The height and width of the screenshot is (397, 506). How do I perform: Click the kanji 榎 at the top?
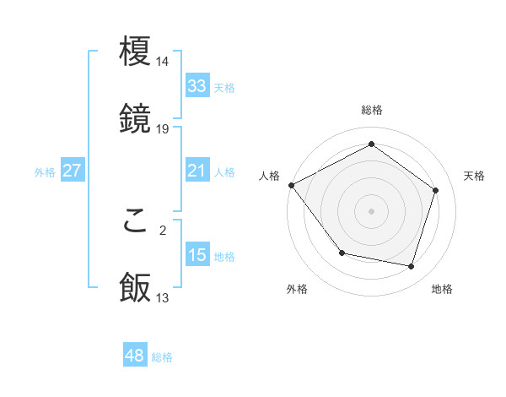pos(135,52)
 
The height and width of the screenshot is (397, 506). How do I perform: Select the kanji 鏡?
pos(135,119)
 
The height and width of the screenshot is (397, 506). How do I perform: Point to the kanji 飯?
pos(135,288)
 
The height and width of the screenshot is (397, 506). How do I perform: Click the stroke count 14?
pos(163,62)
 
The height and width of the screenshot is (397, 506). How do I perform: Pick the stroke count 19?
pos(163,128)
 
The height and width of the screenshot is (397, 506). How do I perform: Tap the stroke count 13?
pos(163,297)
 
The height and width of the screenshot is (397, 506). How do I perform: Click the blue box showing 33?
pos(196,86)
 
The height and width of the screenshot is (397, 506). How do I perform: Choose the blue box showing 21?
pos(196,171)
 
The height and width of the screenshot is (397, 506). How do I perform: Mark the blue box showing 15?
pos(196,255)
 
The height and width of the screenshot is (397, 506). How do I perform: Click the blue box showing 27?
pos(72,171)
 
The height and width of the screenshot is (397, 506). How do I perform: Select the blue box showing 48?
pos(134,356)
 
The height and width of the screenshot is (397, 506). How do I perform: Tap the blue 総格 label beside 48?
pos(162,357)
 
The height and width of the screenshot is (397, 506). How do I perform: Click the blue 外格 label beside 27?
pos(45,172)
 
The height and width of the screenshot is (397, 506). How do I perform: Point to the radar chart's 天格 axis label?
pos(474,176)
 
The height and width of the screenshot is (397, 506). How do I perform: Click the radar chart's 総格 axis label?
pos(371,110)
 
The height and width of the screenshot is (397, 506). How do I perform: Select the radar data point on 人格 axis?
pos(291,185)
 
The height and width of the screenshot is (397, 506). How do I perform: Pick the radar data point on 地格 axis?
pos(412,266)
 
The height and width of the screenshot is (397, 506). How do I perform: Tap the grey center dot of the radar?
pos(371,211)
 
